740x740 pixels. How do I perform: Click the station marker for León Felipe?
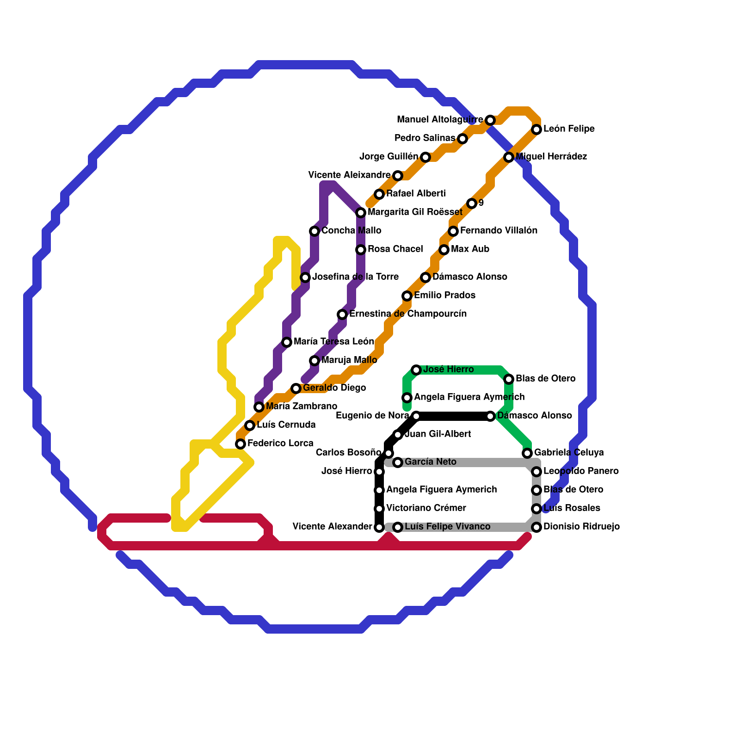pos(536,129)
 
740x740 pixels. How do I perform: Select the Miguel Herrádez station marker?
pos(509,157)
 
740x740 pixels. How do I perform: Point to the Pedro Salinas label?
pos(425,138)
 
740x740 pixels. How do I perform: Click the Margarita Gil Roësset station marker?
pos(361,213)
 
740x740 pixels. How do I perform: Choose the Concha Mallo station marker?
pos(314,231)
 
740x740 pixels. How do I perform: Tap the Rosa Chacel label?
pos(395,249)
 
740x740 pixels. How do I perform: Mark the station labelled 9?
pos(472,203)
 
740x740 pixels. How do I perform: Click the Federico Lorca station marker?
pos(240,444)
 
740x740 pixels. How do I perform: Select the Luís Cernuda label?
pos(286,425)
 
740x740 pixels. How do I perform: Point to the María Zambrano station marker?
pos(259,407)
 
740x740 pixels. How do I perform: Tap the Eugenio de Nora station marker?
pos(416,416)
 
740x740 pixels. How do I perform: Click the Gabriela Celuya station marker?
pos(527,453)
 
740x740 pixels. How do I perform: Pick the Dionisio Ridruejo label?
pos(581,527)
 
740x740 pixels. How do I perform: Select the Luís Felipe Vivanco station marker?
pos(398,527)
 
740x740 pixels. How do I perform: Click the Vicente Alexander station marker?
pos(379,527)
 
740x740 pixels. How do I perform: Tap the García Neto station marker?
pos(398,462)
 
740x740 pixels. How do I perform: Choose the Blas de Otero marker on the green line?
pos(509,379)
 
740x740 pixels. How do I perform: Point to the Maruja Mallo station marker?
pos(314,361)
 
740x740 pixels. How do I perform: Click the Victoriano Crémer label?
pos(425,508)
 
